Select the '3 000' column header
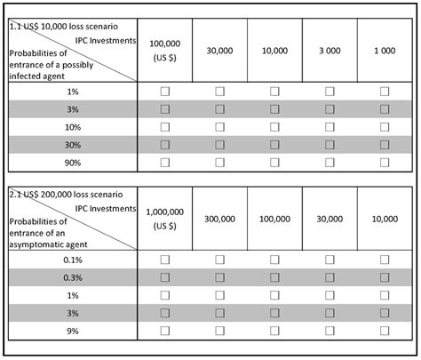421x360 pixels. (330, 51)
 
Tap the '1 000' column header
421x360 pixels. (385, 51)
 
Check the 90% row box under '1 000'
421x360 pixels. (385, 163)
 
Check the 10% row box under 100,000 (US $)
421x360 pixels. (165, 127)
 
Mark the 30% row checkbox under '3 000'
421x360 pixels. (330, 145)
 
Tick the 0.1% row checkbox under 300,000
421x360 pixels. (220, 259)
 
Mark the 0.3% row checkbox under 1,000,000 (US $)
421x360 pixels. (165, 276)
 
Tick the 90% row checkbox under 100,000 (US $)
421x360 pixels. (165, 163)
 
